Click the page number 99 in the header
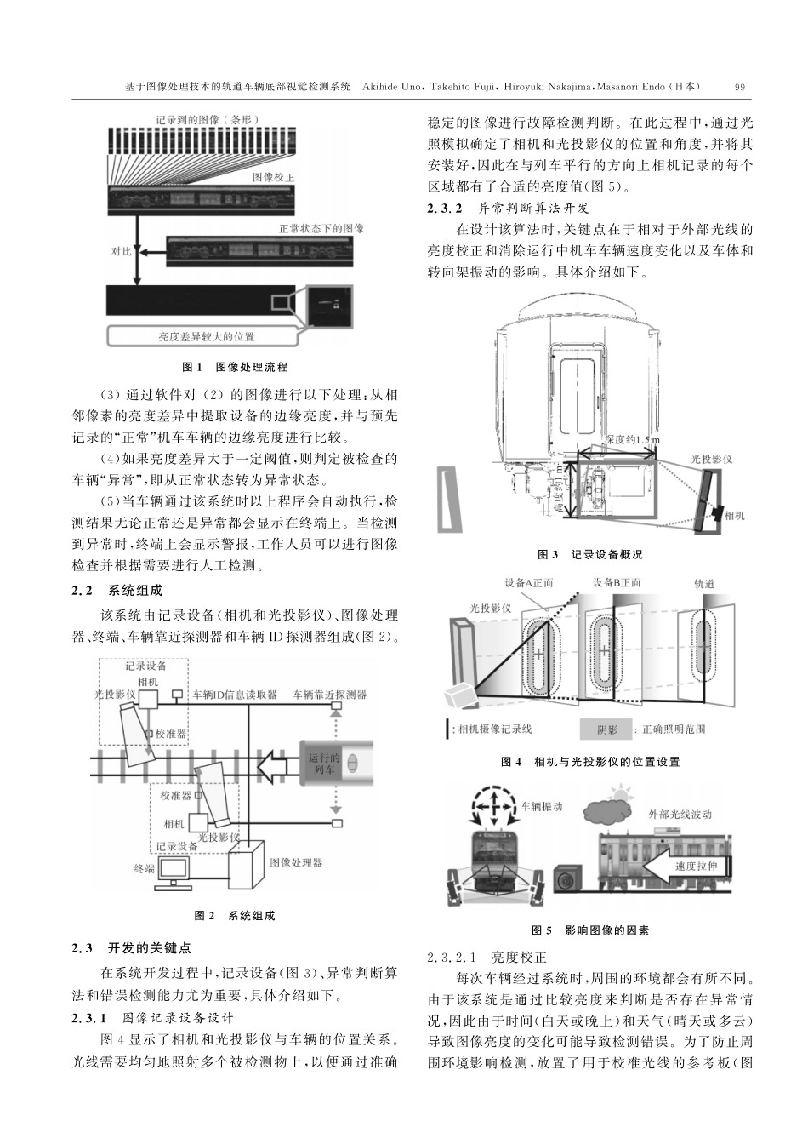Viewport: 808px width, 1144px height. click(739, 86)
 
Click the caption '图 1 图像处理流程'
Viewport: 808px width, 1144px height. click(236, 367)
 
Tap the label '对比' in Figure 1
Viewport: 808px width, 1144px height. click(121, 251)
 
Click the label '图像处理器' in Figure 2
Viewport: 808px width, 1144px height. click(296, 862)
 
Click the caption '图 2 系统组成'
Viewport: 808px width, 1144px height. click(235, 916)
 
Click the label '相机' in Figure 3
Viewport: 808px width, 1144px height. click(733, 515)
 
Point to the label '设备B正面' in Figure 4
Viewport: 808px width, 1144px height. click(617, 582)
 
